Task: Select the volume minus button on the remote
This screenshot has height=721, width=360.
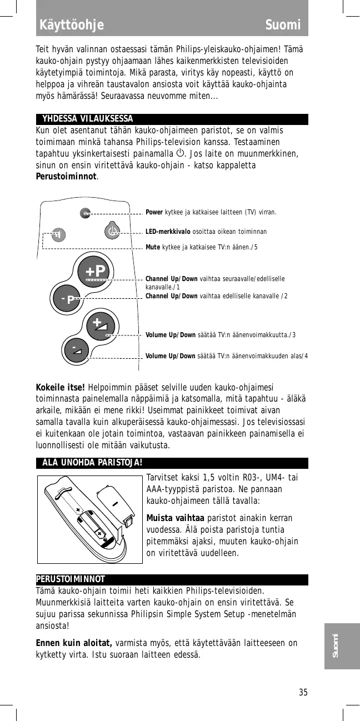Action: [76, 350]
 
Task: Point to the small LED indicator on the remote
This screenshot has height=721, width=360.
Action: [84, 212]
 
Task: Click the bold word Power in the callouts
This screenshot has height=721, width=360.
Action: [154, 212]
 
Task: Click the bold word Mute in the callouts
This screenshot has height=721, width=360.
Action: [153, 247]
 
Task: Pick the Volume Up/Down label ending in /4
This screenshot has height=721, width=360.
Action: [171, 356]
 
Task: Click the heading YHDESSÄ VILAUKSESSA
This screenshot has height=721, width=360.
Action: [88, 119]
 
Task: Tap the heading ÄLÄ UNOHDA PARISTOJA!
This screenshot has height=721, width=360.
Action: [92, 463]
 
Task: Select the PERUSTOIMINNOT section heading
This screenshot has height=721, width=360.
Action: [71, 580]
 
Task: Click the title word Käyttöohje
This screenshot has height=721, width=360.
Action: [72, 25]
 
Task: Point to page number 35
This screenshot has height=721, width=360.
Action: [303, 692]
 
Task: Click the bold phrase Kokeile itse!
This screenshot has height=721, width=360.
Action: [60, 387]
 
